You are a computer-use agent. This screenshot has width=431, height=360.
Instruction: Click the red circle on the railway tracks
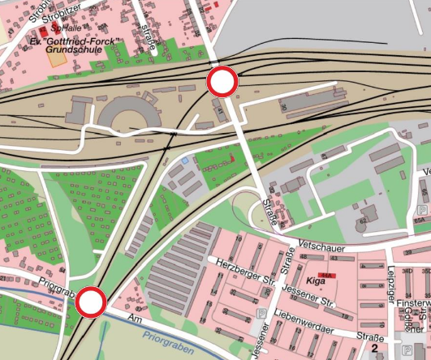(x=222, y=82)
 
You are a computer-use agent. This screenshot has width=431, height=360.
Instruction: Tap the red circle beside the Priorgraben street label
(x=91, y=303)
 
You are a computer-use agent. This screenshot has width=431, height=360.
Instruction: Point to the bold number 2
(x=375, y=349)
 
